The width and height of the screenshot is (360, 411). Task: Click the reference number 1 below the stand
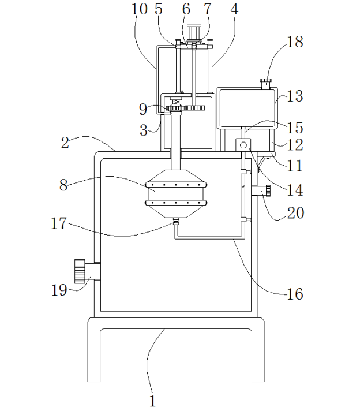(x=153, y=401)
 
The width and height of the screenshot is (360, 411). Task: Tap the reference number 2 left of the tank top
(x=65, y=143)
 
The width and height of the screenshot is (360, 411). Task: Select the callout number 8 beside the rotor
(x=65, y=185)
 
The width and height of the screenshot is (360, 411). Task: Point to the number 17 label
(x=59, y=223)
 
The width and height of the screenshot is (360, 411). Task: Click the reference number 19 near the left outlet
(x=59, y=290)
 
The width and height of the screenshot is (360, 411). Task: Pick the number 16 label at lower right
(x=295, y=294)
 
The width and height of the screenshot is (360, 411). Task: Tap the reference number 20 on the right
(x=295, y=212)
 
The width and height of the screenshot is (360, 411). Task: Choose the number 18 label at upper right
(x=295, y=42)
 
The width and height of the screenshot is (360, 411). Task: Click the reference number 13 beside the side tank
(x=295, y=96)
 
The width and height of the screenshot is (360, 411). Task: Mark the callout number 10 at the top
(x=139, y=9)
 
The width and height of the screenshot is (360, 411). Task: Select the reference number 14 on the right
(x=295, y=189)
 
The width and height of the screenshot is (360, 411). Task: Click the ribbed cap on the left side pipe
(x=80, y=271)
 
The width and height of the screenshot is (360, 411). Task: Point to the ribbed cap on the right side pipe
(x=268, y=190)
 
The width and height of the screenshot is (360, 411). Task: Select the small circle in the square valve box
(x=243, y=144)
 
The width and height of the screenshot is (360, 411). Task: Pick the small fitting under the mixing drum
(x=175, y=221)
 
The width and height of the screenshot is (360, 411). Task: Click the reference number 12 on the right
(x=295, y=144)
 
